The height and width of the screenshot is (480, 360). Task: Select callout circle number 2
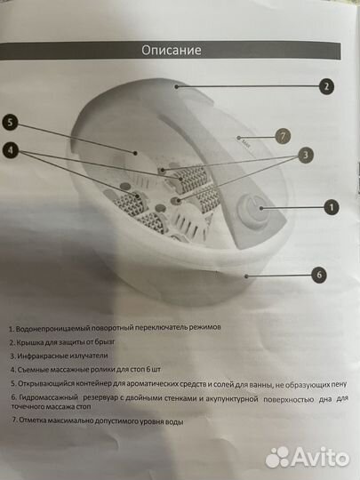[x=326, y=86]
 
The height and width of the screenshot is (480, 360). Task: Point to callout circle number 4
[x=10, y=150]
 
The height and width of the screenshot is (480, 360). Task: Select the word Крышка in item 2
[x=36, y=342]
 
